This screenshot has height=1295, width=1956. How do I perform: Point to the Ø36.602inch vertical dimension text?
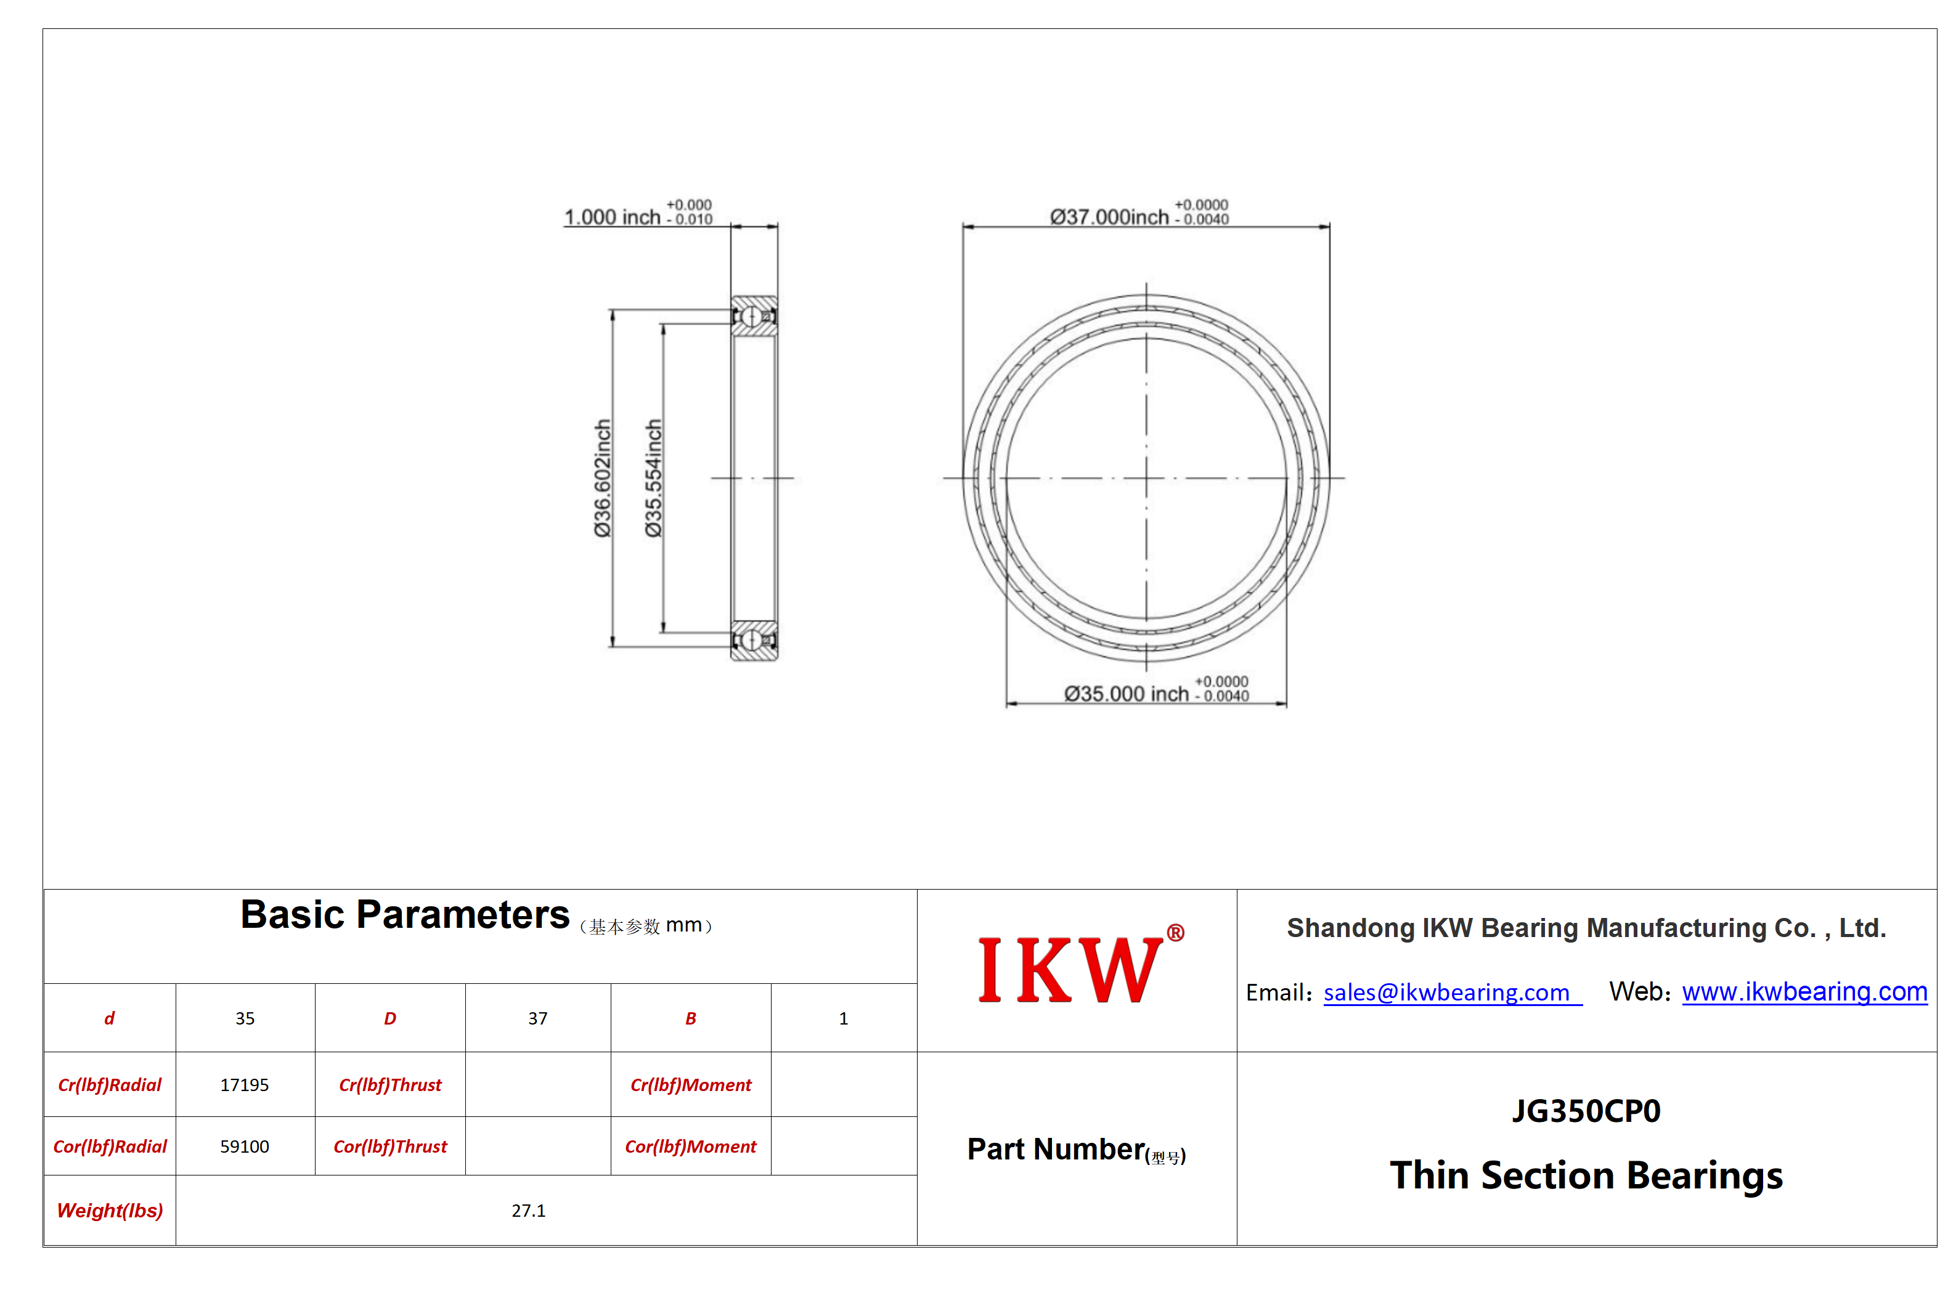(603, 478)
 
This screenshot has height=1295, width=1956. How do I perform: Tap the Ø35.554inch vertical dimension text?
(653, 478)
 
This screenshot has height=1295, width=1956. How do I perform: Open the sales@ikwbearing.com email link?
(1452, 992)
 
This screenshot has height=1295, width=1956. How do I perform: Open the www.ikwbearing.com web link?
(1804, 991)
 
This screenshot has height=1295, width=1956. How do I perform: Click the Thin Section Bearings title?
(1586, 1174)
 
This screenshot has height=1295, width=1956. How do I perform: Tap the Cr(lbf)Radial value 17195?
(245, 1084)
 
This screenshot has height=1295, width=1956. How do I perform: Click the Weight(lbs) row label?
(110, 1210)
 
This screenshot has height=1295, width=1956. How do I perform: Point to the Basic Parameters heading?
(405, 915)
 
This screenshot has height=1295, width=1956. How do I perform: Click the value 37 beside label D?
(538, 1018)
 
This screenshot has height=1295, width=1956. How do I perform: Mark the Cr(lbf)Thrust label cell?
(390, 1084)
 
